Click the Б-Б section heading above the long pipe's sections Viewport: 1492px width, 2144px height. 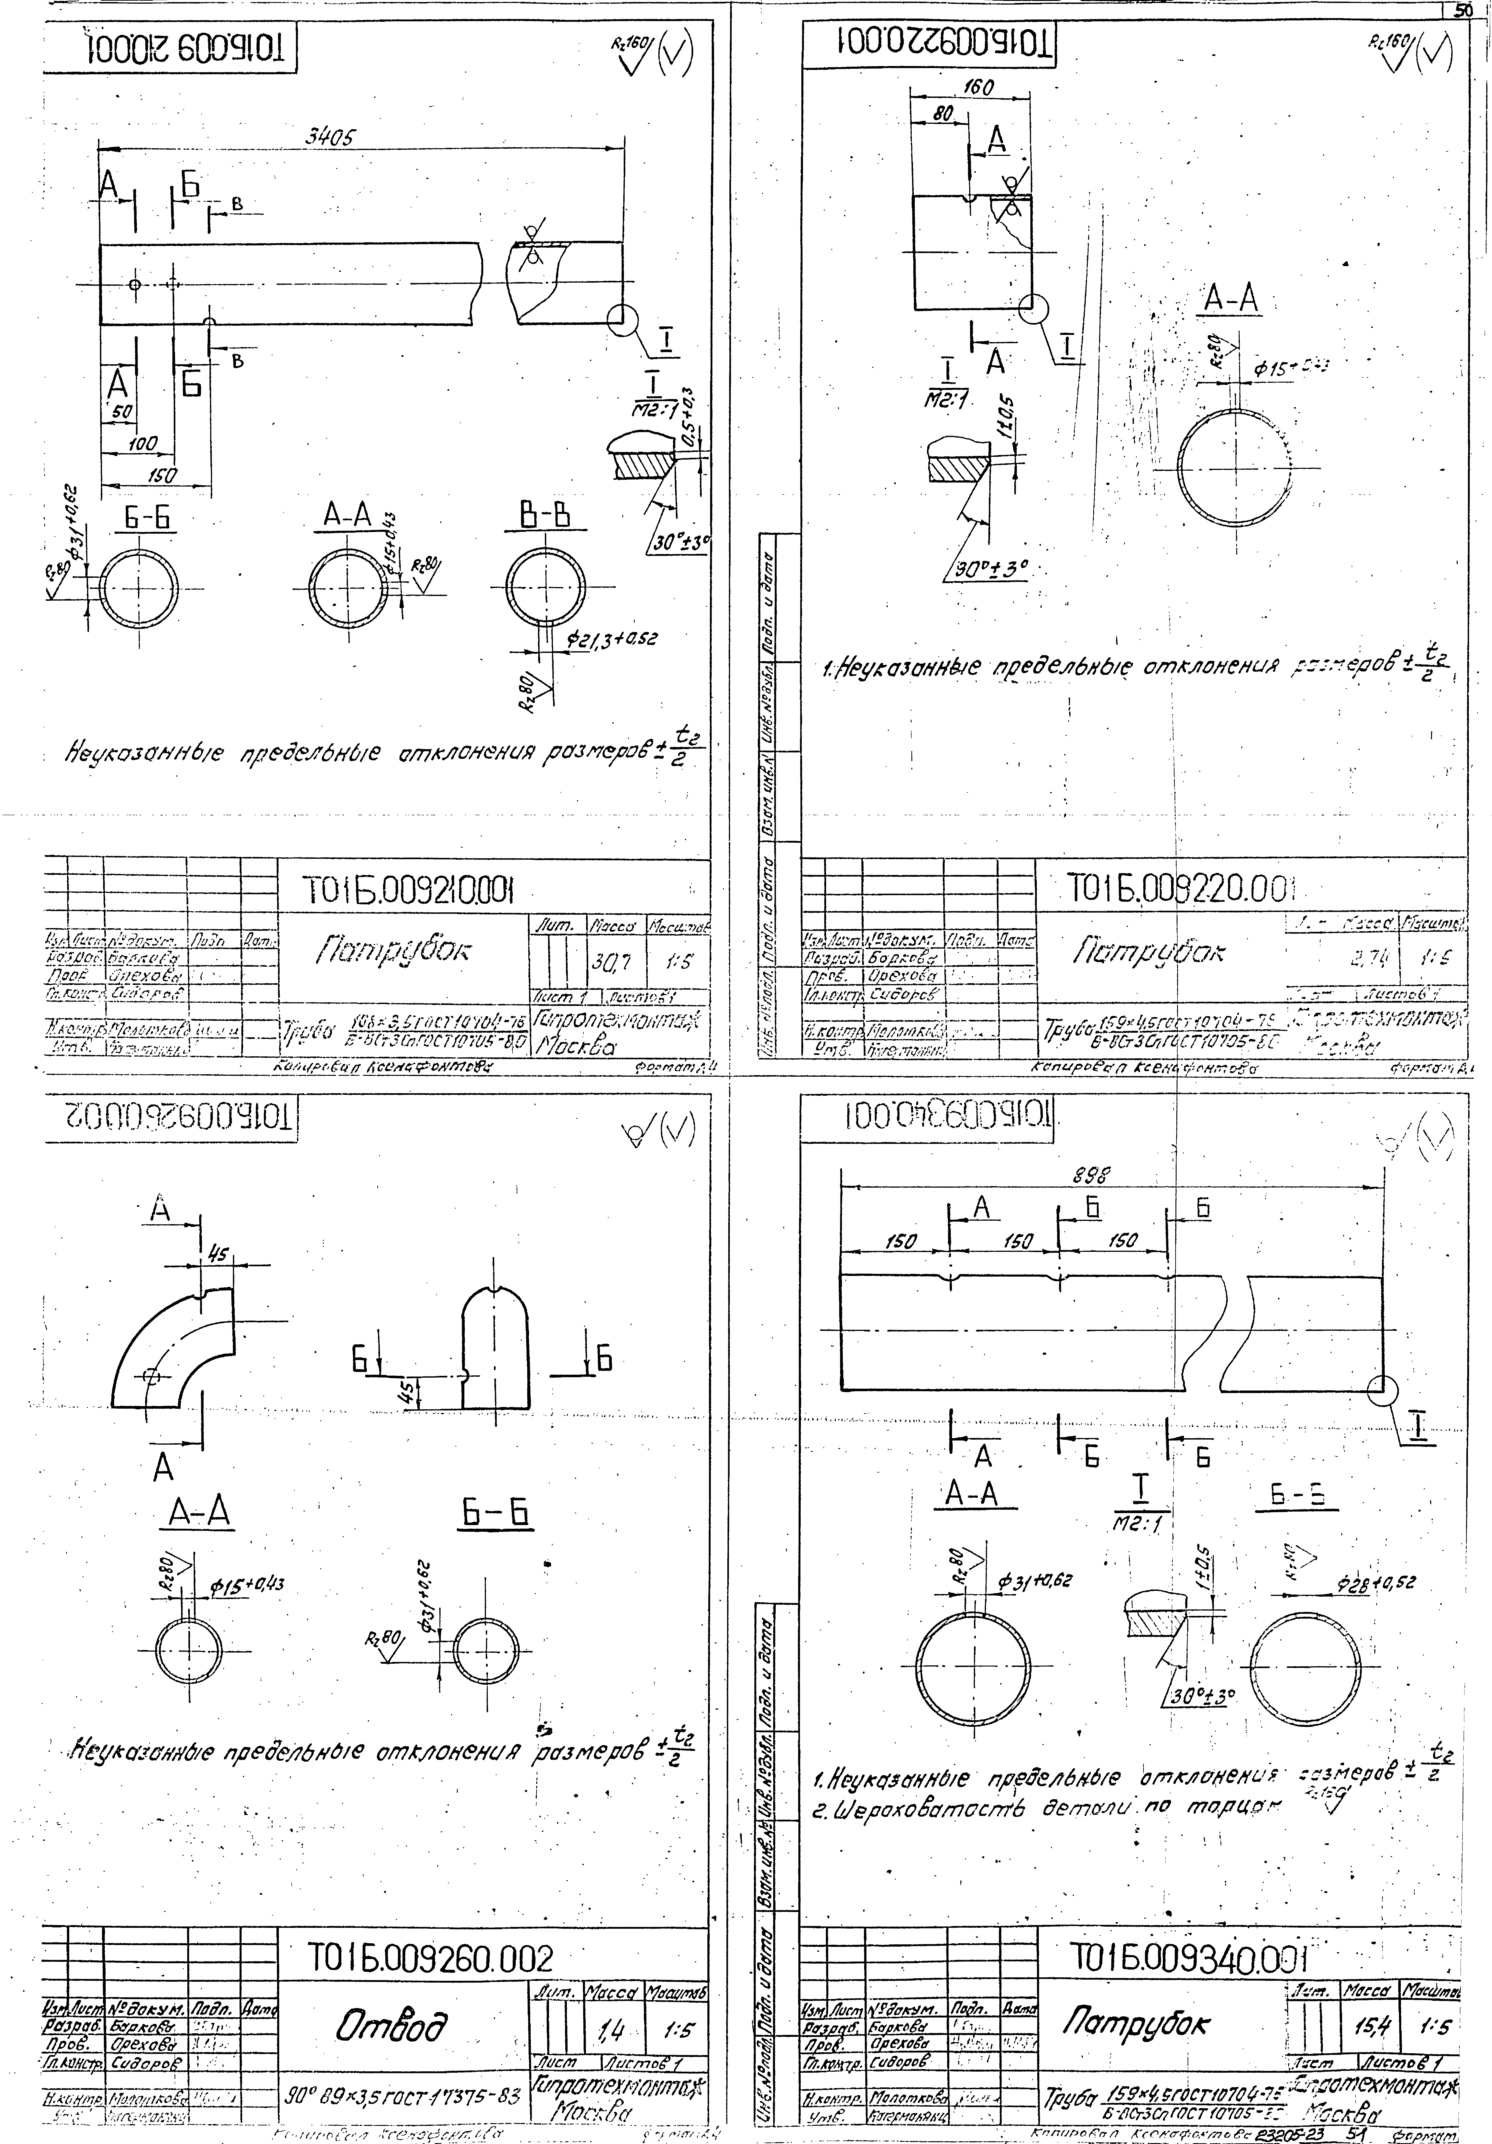[x=145, y=517]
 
